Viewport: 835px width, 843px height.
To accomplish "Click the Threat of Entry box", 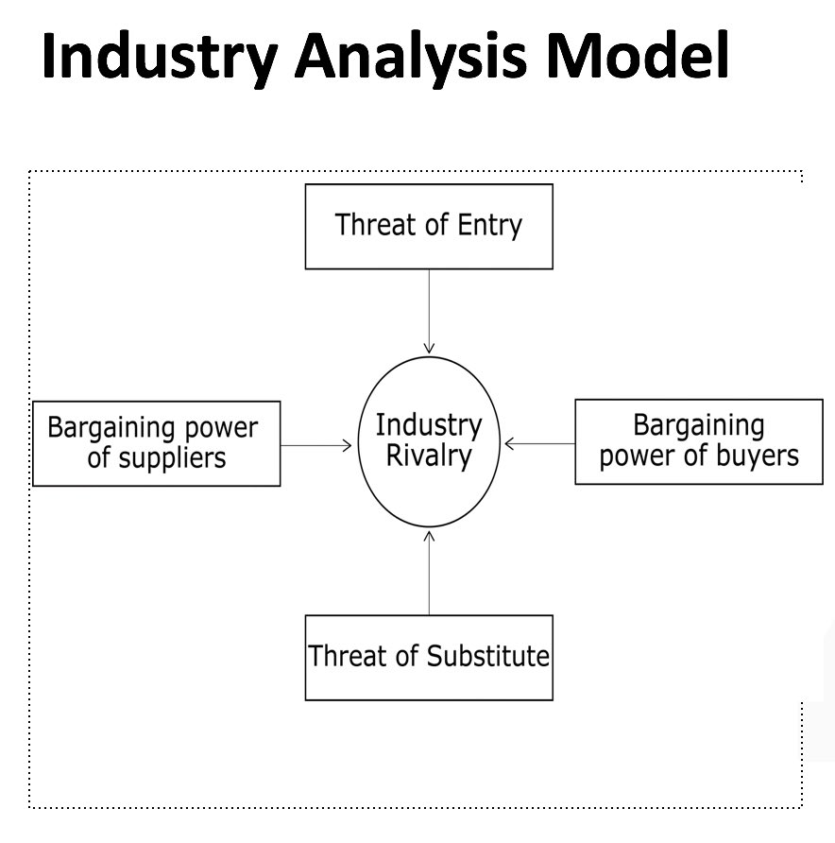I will tap(429, 227).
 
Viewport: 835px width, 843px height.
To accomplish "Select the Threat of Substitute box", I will tap(429, 658).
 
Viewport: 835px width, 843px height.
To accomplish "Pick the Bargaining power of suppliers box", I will tap(157, 443).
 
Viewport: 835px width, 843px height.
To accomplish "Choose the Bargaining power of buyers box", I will tap(699, 441).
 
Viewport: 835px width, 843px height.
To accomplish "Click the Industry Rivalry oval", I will tap(429, 441).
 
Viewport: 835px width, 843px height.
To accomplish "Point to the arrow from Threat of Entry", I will tap(429, 312).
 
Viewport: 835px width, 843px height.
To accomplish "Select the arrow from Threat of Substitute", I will tap(429, 573).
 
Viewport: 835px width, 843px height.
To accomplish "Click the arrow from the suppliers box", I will tap(317, 443).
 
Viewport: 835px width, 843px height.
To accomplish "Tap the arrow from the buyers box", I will tap(540, 442).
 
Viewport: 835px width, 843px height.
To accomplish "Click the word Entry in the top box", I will tap(489, 226).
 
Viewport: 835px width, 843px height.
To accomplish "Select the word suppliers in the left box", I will tap(171, 459).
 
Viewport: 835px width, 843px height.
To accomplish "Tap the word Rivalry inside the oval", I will tap(429, 456).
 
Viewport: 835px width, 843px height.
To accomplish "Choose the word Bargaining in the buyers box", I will tap(699, 425).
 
